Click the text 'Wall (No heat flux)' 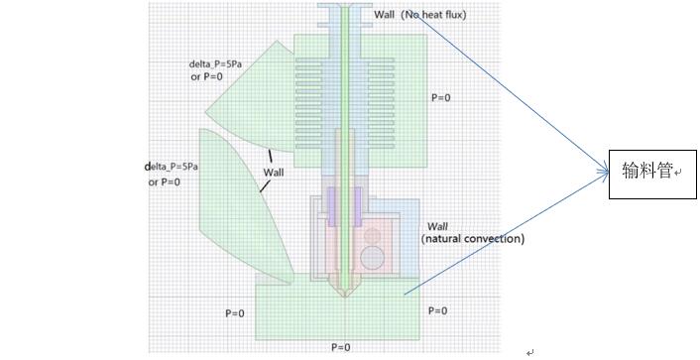pyautogui.click(x=419, y=15)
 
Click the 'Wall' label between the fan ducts pyautogui.click(x=273, y=173)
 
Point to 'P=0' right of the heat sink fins pyautogui.click(x=440, y=97)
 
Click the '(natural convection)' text pyautogui.click(x=472, y=239)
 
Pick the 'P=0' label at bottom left pyautogui.click(x=234, y=313)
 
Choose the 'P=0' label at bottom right pyautogui.click(x=437, y=310)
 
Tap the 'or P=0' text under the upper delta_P pyautogui.click(x=208, y=76)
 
